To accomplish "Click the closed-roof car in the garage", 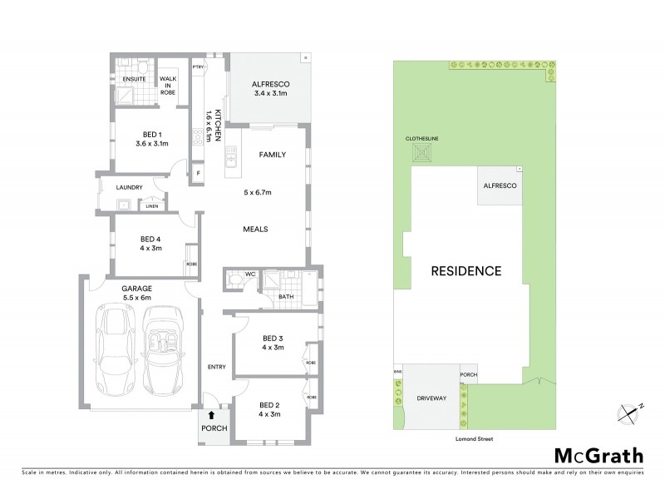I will tap(117, 352).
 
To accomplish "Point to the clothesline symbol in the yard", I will tap(426, 153).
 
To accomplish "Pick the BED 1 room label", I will tap(150, 139).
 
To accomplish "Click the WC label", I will tap(249, 273).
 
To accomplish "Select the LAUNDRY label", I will tap(131, 187).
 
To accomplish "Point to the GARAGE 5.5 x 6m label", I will tap(139, 292).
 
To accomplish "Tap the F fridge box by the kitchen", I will tap(198, 173).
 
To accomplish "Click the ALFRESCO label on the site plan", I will tap(500, 187).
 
